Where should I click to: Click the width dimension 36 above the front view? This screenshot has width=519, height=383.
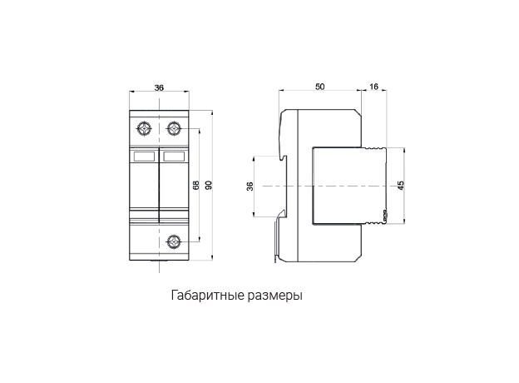coord(159,87)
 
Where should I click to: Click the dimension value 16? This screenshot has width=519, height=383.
coord(373,87)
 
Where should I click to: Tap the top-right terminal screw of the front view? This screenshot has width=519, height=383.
coord(174,128)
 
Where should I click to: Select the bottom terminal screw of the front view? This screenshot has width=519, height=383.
coord(174,242)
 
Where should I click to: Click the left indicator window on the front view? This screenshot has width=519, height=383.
coord(144,156)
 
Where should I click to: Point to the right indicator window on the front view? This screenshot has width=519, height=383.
coord(173,156)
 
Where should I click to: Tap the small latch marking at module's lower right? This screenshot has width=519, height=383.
coord(383,215)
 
